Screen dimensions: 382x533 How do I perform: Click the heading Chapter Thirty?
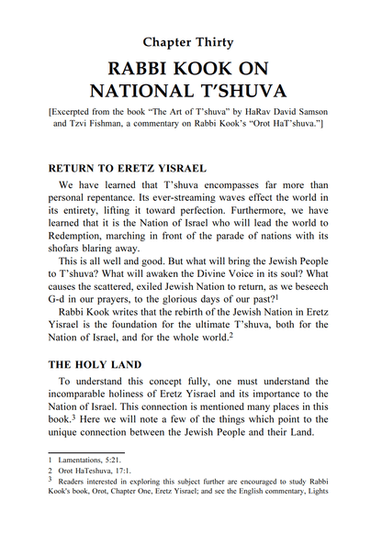[x=189, y=42]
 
